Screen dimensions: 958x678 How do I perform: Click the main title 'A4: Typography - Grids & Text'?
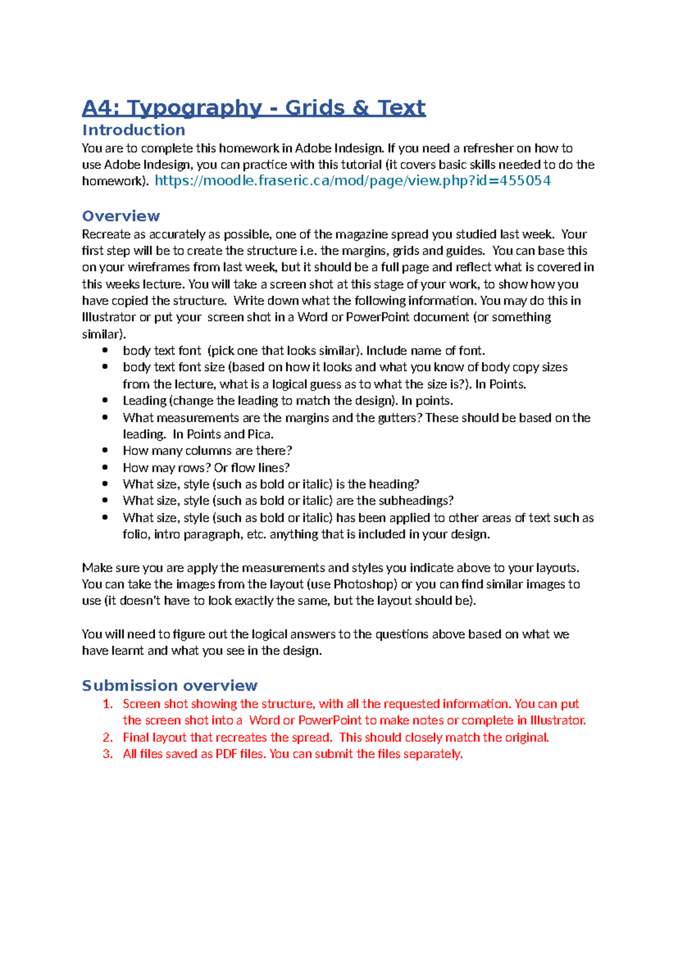click(x=254, y=107)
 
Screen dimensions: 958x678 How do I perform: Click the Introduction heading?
click(x=133, y=130)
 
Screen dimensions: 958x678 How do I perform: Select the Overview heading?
click(x=121, y=216)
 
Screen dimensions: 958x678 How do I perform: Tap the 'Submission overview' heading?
click(x=169, y=685)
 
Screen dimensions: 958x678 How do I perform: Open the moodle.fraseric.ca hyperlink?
click(x=353, y=181)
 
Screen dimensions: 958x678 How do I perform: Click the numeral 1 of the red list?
click(x=108, y=704)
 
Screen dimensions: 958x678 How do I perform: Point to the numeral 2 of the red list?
click(x=108, y=737)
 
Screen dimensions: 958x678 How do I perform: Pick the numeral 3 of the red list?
click(x=108, y=754)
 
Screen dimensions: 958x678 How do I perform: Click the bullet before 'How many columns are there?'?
click(x=105, y=450)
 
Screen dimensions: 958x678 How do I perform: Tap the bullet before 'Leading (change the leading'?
click(x=105, y=400)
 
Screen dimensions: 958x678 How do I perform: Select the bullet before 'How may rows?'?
click(x=105, y=467)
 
